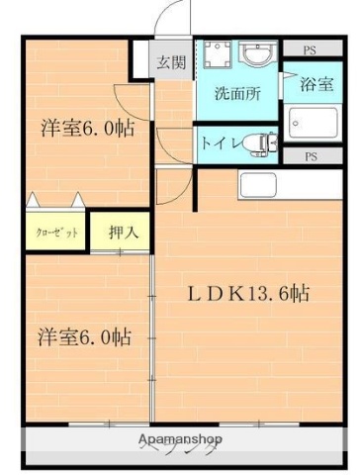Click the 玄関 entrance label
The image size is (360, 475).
(x=170, y=62)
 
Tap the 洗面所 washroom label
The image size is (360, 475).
(x=237, y=95)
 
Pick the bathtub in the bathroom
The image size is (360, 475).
(x=314, y=123)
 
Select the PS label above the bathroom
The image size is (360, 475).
(x=310, y=48)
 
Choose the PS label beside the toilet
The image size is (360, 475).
(x=310, y=156)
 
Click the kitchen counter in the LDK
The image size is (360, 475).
(x=261, y=184)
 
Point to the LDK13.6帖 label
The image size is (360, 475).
(x=249, y=293)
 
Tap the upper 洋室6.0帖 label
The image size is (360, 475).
(x=87, y=129)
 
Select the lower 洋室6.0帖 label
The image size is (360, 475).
(x=85, y=335)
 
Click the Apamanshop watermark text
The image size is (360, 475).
(x=181, y=438)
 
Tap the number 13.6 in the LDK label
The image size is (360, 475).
(x=269, y=293)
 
